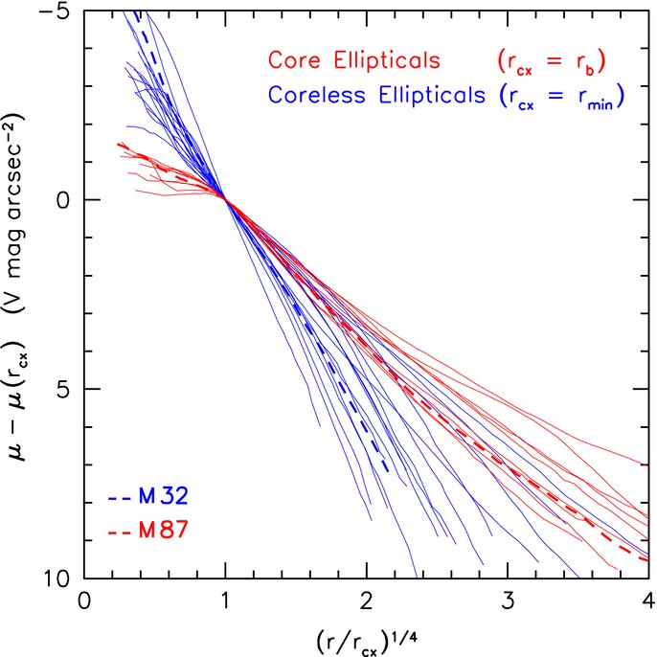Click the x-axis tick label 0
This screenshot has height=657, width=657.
84,601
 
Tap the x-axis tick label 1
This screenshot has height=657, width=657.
225,601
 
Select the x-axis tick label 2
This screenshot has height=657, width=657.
367,601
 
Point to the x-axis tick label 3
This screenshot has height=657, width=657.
508,601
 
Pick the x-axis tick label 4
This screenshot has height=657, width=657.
648,601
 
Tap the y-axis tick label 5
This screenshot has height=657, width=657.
62,389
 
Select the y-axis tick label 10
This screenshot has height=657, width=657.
57,578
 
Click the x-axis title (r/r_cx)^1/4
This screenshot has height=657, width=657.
367,642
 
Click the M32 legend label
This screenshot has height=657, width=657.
164,496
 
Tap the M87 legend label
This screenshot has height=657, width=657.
164,530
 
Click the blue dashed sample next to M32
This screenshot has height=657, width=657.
121,499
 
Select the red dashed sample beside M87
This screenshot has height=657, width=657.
121,533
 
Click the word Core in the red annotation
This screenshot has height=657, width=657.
294,59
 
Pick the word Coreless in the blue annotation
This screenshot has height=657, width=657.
317,94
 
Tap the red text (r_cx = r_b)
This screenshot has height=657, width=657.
552,62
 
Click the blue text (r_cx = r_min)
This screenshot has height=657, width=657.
561,97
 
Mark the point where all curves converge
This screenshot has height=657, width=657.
225,199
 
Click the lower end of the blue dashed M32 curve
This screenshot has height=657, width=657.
389,472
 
